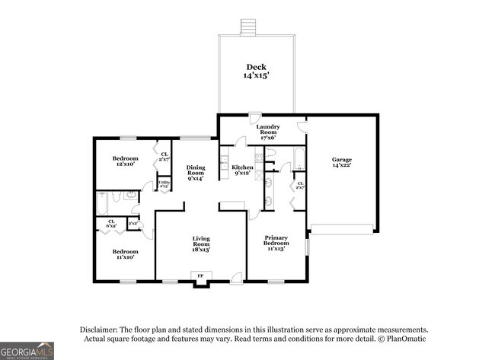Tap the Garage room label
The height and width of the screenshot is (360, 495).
[x=341, y=160]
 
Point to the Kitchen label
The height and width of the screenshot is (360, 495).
[x=243, y=167]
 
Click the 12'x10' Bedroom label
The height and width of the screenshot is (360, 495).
[x=124, y=159]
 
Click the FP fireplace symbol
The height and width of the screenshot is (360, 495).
[x=201, y=276]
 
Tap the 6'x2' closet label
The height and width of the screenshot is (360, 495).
[x=111, y=224]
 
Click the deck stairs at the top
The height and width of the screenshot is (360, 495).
[x=246, y=27]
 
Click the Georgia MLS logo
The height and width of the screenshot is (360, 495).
[x=27, y=349]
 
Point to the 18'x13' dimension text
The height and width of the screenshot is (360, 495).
[x=201, y=250]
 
